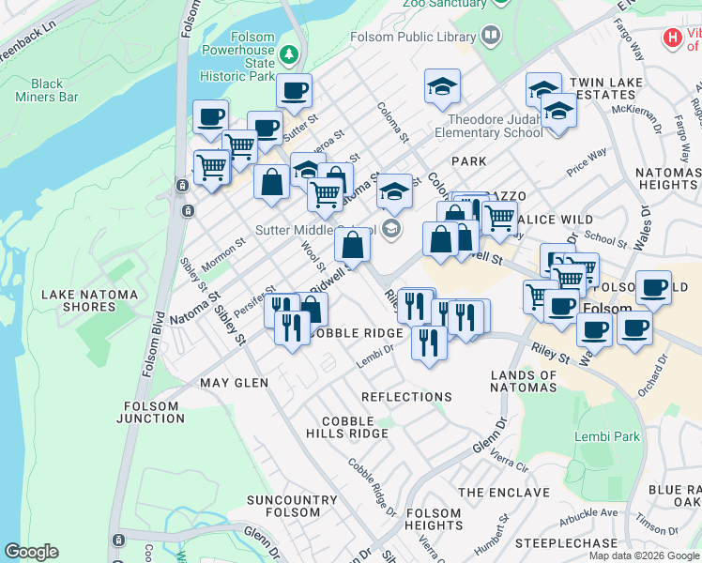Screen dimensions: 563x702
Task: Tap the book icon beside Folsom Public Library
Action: coord(489,37)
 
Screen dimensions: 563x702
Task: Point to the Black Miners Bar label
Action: coord(47,90)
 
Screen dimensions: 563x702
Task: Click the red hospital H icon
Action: coord(672,38)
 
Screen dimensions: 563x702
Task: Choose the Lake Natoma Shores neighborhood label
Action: coord(89,301)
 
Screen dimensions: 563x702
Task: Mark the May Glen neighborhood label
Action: coord(234,383)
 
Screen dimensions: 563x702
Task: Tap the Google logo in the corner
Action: coord(32,552)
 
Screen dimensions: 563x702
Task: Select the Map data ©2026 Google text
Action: coord(644,555)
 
